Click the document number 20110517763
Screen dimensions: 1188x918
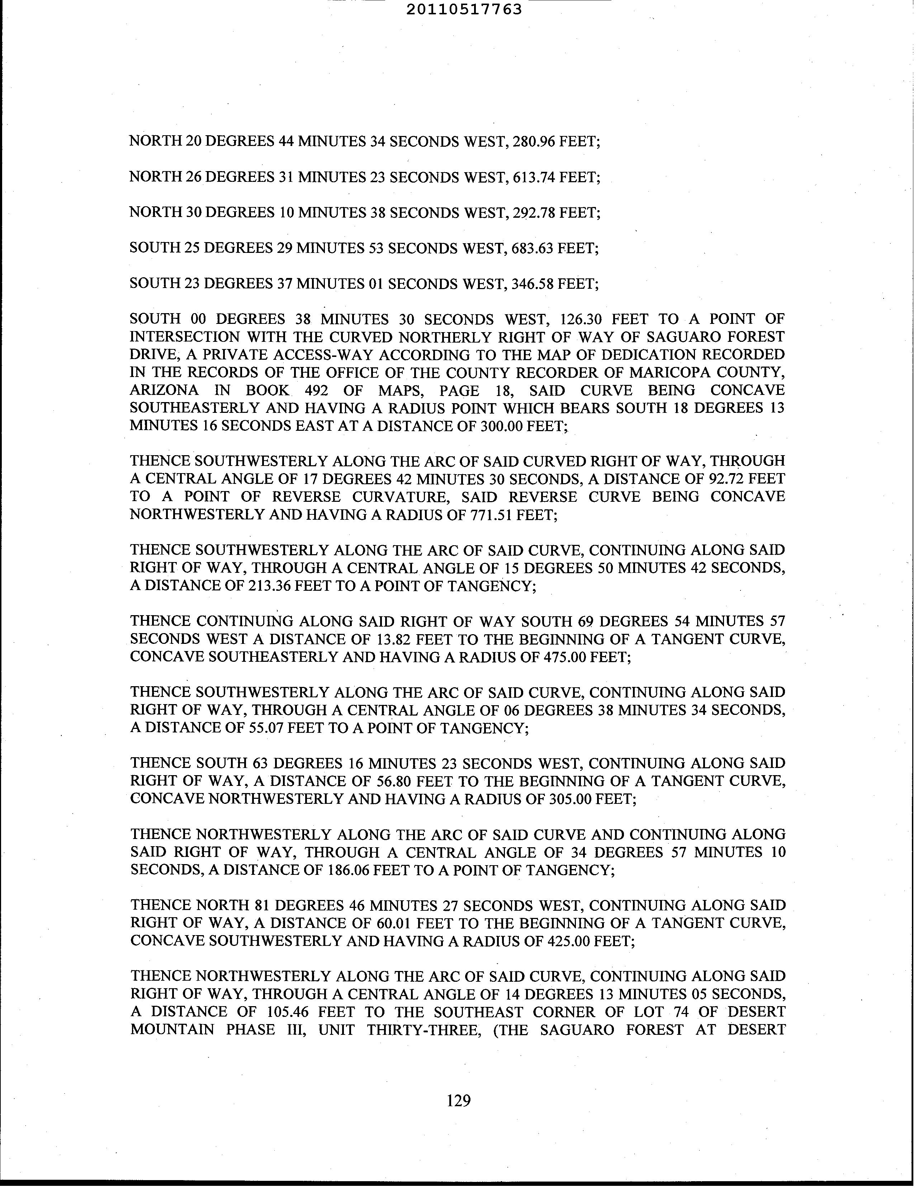pyautogui.click(x=464, y=9)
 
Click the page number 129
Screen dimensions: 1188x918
pyautogui.click(x=458, y=1101)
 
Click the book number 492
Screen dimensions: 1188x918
pyautogui.click(x=316, y=391)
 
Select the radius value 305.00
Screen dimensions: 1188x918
pyautogui.click(x=571, y=799)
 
